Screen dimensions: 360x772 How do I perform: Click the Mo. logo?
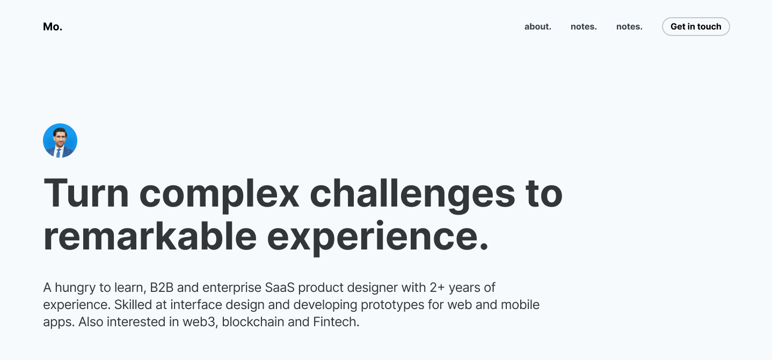[53, 27]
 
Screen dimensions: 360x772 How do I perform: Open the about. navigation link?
[537, 27]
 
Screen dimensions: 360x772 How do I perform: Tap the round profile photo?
[60, 141]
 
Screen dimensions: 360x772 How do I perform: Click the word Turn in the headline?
[86, 193]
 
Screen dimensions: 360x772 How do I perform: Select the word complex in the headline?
[219, 193]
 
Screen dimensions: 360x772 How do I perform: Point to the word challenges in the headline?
[412, 193]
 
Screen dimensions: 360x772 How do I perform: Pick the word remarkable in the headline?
[150, 236]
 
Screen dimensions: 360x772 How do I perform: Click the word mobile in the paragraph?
[520, 305]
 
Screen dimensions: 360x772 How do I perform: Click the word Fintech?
[336, 322]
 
